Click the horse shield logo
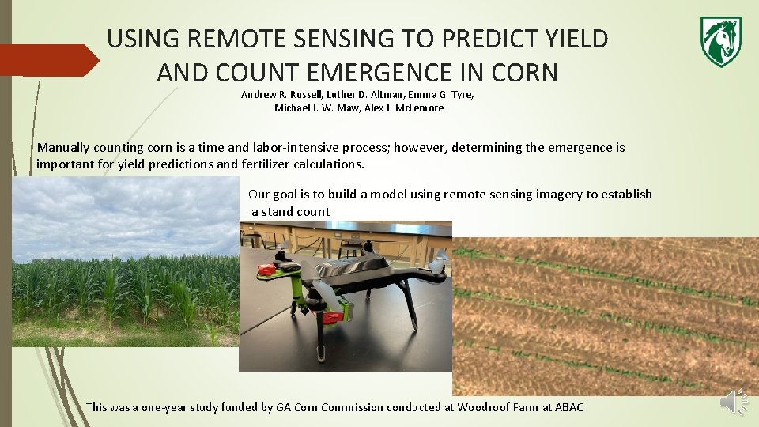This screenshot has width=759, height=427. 720,41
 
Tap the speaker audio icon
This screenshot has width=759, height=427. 733,403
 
